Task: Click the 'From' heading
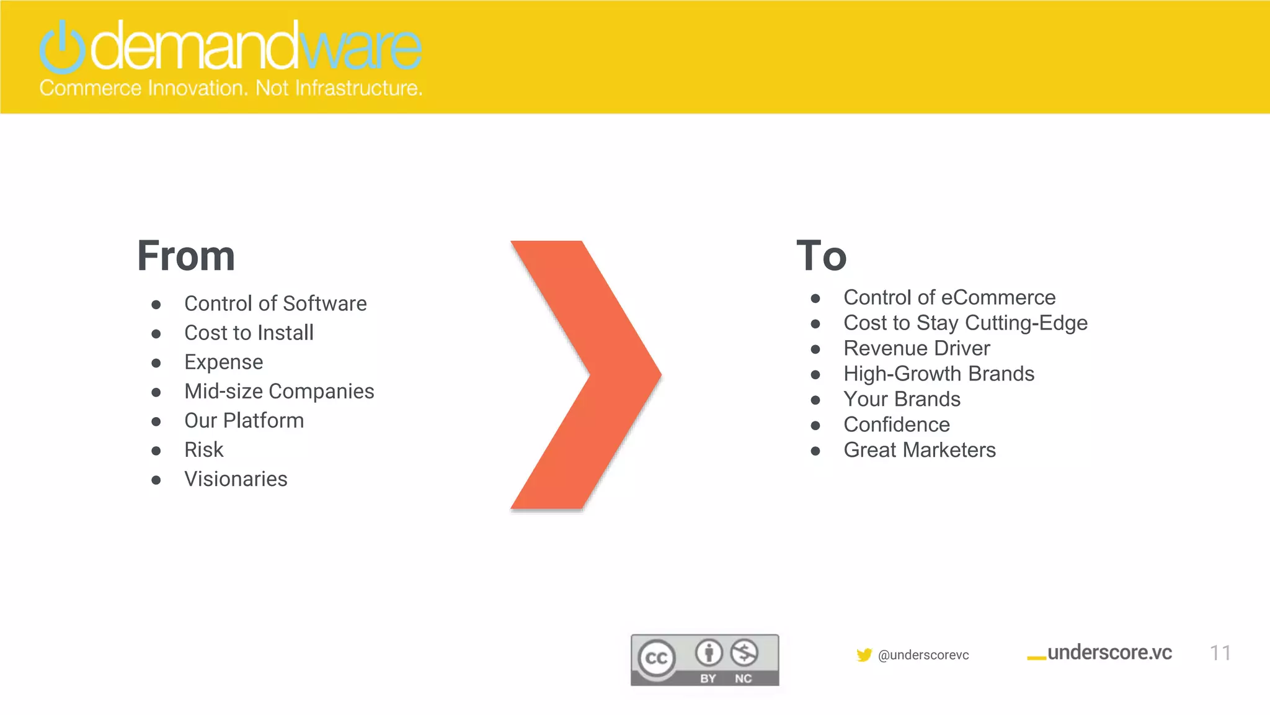tap(186, 256)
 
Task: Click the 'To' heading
tap(821, 256)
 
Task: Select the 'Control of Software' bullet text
tap(275, 304)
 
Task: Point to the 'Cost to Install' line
tap(249, 333)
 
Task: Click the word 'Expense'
tap(223, 362)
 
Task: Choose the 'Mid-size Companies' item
tap(279, 391)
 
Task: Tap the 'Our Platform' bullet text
tap(244, 420)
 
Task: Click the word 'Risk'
tap(203, 449)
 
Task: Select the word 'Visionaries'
tap(236, 479)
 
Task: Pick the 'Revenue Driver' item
tap(917, 348)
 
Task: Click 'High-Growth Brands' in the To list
tap(939, 374)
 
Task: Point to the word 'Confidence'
tap(897, 425)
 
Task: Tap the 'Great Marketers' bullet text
tap(920, 450)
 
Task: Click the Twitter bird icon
tap(864, 655)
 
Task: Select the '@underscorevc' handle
tap(923, 655)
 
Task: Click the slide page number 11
tap(1220, 653)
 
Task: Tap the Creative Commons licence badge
tap(704, 660)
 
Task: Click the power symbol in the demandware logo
tap(62, 47)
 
